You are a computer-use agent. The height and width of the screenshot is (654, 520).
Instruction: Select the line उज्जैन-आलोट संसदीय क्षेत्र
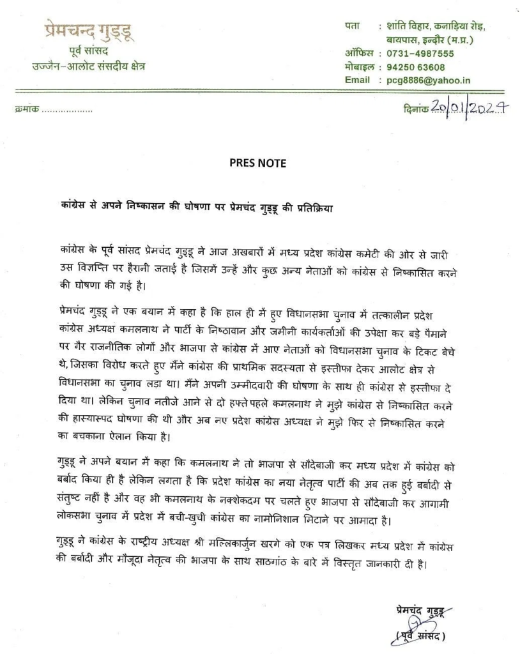pyautogui.click(x=89, y=66)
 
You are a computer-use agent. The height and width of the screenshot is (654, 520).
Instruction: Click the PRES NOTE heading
pyautogui.click(x=257, y=163)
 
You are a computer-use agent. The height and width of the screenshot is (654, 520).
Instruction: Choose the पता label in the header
pyautogui.click(x=352, y=27)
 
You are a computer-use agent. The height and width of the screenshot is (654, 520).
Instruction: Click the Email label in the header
pyautogui.click(x=357, y=80)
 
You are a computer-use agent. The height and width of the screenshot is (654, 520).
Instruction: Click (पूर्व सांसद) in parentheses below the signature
pyautogui.click(x=417, y=635)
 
